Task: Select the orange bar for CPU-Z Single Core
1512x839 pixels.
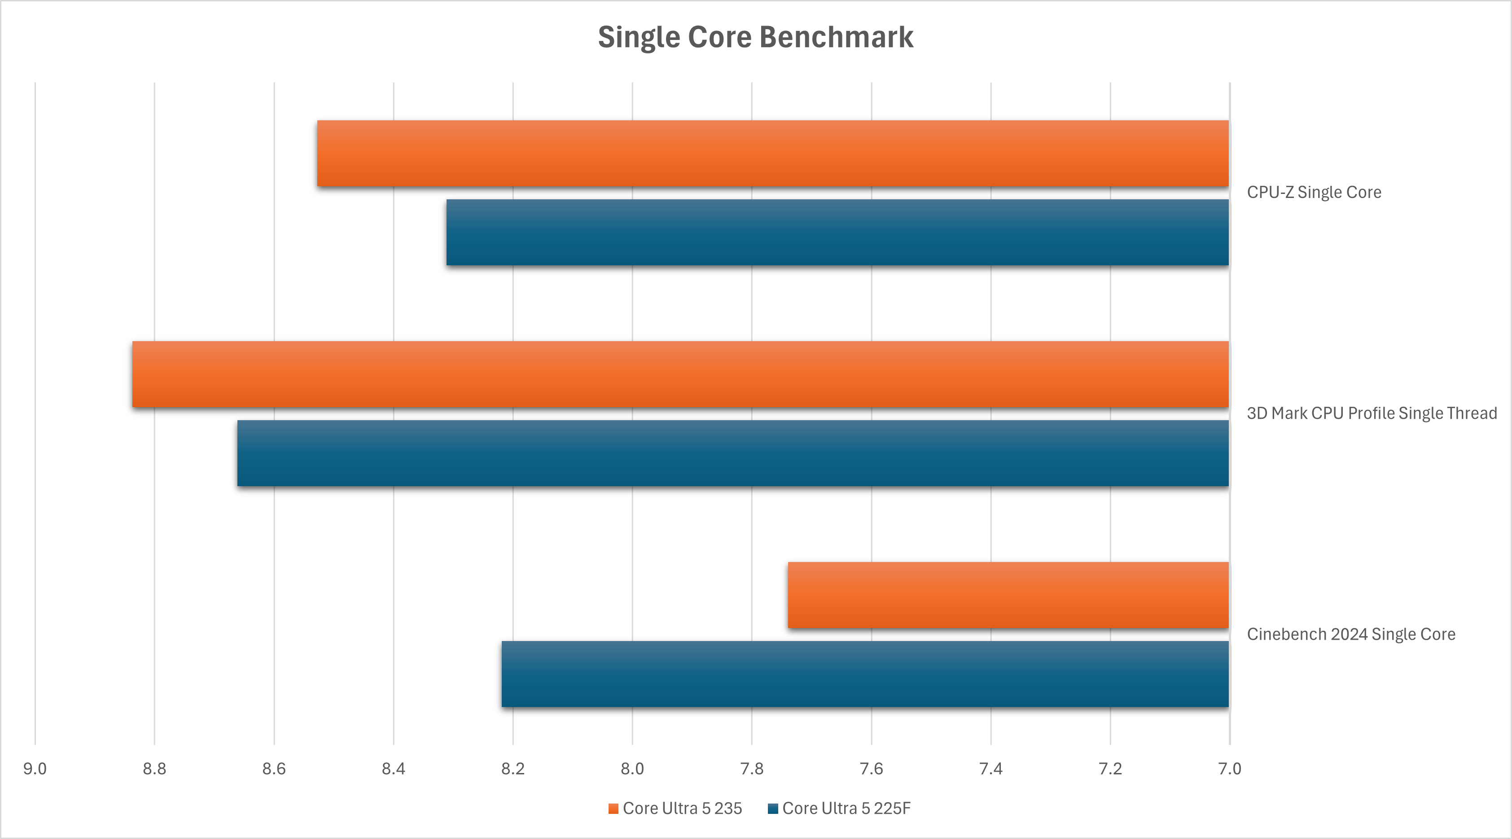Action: click(x=772, y=154)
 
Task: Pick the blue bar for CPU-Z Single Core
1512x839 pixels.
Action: click(x=837, y=233)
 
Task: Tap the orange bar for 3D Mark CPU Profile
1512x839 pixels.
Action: click(x=680, y=374)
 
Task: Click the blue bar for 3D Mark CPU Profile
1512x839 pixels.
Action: click(x=732, y=453)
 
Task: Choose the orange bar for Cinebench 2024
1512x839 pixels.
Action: click(x=1008, y=595)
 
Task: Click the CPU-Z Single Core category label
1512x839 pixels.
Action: click(x=1314, y=193)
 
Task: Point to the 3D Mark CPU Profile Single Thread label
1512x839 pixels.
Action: click(x=1372, y=413)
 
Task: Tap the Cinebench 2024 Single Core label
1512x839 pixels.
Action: click(x=1350, y=634)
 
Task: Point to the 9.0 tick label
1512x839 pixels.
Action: click(x=35, y=769)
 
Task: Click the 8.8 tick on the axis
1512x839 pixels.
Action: click(x=154, y=769)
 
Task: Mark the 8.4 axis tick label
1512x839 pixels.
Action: click(x=393, y=769)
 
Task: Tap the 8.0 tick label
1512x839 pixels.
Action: click(x=632, y=769)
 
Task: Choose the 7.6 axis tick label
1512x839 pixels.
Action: click(x=871, y=769)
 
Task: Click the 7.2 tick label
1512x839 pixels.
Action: click(x=1110, y=769)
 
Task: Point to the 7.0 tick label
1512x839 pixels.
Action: click(x=1230, y=769)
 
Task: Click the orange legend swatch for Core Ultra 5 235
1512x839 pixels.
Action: click(x=614, y=809)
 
